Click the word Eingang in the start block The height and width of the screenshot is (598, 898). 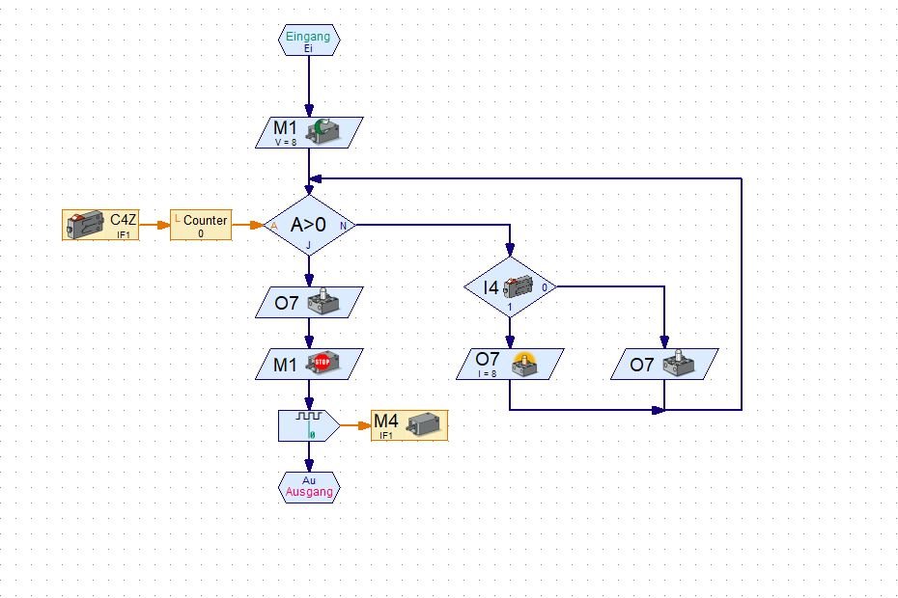point(309,36)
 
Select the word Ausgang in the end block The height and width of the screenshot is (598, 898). point(309,492)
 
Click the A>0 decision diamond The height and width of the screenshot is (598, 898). point(309,226)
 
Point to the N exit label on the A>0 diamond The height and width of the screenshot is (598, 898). point(343,226)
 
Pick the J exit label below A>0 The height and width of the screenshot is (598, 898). point(309,246)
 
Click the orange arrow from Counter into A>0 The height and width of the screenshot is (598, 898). point(248,226)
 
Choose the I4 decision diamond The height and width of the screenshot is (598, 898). point(509,286)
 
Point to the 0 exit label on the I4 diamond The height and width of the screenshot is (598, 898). point(545,286)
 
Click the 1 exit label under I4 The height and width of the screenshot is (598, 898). point(509,308)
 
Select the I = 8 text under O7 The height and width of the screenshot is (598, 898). point(486,373)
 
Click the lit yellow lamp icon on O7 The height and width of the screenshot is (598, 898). point(527,363)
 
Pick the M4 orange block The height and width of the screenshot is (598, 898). point(409,424)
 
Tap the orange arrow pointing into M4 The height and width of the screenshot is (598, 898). point(354,424)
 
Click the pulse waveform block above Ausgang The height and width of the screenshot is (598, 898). point(308,424)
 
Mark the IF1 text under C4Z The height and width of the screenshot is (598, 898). point(124,234)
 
